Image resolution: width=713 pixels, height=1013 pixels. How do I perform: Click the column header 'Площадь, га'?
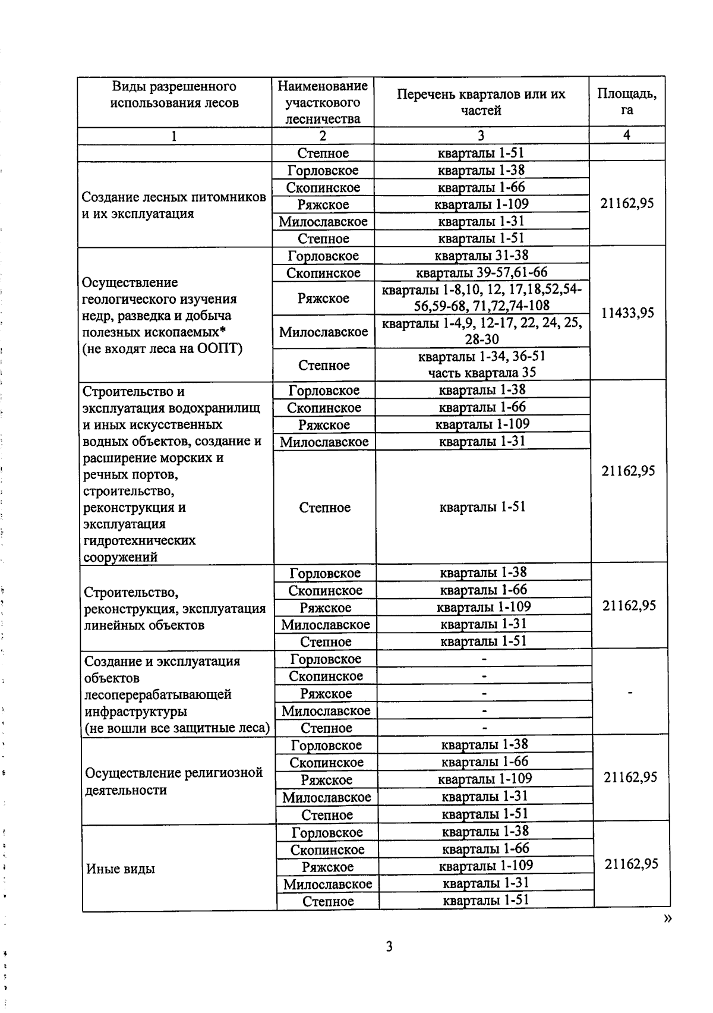[x=627, y=102]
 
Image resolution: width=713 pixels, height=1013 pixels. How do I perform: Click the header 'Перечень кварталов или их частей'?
[x=481, y=102]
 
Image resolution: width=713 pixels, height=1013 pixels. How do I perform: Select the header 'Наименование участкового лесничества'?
[x=323, y=102]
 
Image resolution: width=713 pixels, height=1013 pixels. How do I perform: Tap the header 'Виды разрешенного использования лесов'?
[x=174, y=95]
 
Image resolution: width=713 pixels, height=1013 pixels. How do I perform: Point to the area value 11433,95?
[x=627, y=313]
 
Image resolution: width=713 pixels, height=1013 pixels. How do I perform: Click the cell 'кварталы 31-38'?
[x=481, y=256]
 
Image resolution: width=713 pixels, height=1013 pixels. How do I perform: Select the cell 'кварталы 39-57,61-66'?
[x=481, y=273]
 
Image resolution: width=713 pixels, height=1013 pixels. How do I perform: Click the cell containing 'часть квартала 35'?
[x=482, y=372]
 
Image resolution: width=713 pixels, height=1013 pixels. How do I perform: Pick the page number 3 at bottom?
[x=389, y=946]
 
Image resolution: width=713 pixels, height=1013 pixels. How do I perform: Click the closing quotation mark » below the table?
[x=668, y=918]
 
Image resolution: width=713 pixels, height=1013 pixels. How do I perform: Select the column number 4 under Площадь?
[x=626, y=135]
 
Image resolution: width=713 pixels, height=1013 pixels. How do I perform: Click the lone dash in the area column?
[x=630, y=693]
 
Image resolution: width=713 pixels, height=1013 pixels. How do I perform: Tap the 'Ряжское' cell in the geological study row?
[x=323, y=298]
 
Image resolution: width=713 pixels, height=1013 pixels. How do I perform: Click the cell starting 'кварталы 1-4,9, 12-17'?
[x=482, y=331]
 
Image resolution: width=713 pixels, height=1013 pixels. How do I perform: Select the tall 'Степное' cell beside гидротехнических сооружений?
[x=324, y=507]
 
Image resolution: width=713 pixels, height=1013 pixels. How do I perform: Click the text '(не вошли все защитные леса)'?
[x=177, y=728]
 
